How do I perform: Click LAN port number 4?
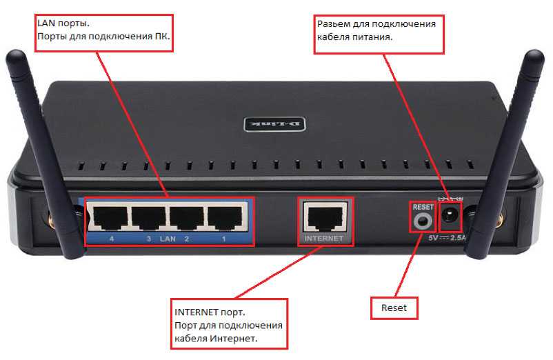coord(112,218)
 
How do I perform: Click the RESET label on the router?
coord(422,206)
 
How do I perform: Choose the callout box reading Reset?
coord(394,308)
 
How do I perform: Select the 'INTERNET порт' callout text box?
coord(228,323)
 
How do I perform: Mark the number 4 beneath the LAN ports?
coord(111,239)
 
